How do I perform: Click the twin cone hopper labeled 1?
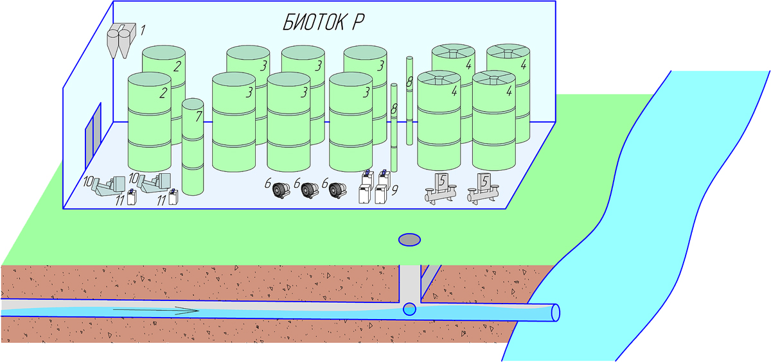tap(120, 40)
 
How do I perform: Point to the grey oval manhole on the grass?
tap(409, 239)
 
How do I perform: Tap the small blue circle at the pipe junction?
tap(409, 309)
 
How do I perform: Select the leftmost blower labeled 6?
tap(280, 189)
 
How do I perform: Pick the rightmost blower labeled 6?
tap(336, 189)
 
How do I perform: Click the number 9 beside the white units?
tap(394, 189)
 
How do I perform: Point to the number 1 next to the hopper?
tap(143, 29)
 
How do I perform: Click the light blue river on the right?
tap(694, 193)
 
